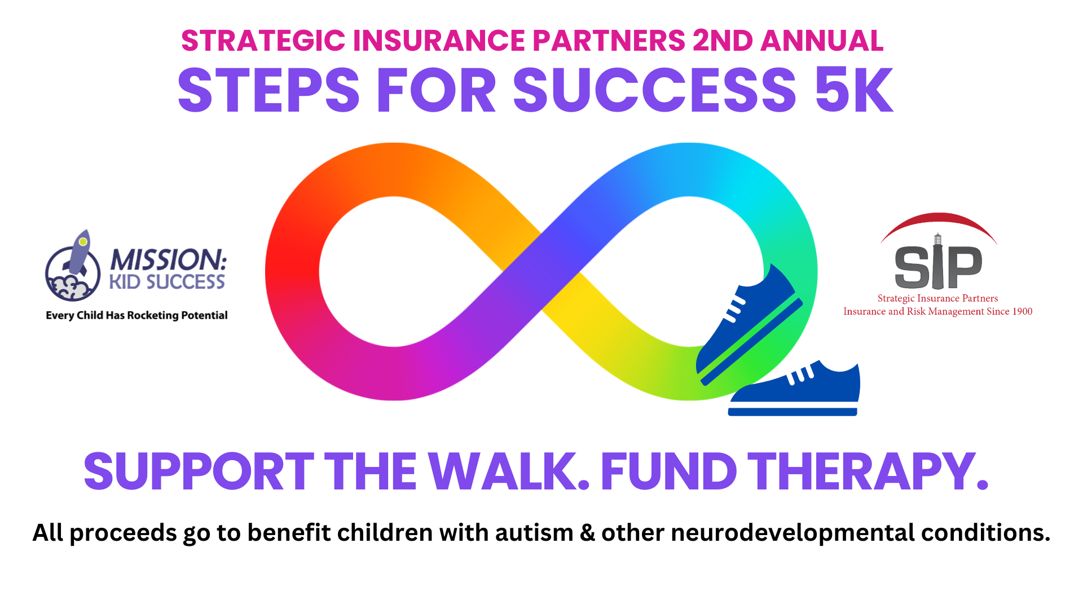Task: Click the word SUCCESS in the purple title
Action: [654, 90]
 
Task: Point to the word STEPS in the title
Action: [268, 90]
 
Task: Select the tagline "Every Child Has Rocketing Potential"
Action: [137, 315]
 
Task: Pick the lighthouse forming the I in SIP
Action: [937, 262]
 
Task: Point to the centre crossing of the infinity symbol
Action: [541, 271]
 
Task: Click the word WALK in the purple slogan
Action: [508, 471]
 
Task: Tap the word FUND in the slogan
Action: [668, 471]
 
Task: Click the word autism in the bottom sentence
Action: [534, 533]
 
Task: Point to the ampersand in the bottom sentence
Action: [587, 533]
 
